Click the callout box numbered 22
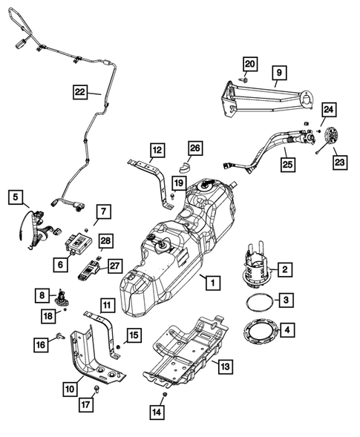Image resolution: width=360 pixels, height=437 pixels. click(82, 92)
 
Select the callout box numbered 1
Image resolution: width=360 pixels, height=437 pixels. click(212, 283)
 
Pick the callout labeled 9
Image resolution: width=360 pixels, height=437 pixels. click(278, 73)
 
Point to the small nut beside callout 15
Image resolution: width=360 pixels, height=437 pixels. click(120, 348)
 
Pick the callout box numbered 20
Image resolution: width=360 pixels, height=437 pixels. click(249, 64)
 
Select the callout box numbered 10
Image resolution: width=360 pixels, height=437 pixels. click(70, 387)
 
